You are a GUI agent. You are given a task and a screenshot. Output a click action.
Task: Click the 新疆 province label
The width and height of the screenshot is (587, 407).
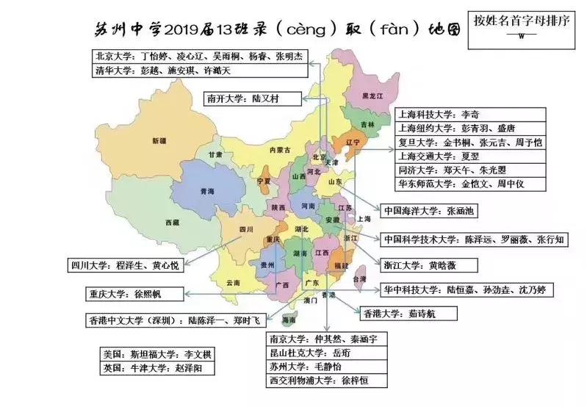pyautogui.click(x=159, y=140)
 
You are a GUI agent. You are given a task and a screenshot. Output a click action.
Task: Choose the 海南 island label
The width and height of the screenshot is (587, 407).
pyautogui.click(x=290, y=321)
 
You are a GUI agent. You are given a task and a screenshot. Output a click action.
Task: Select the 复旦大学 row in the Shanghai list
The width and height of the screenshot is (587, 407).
pyautogui.click(x=470, y=142)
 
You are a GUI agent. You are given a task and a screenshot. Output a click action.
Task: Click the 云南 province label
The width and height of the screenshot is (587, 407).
pyautogui.click(x=234, y=282)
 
